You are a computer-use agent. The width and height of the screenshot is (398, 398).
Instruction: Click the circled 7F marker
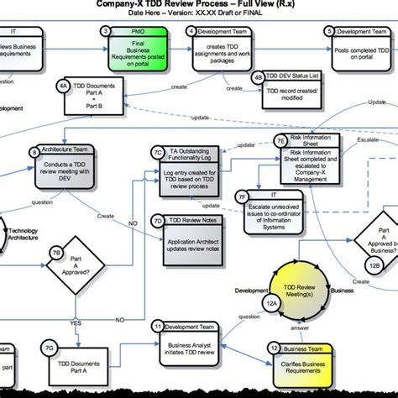coord(244,198)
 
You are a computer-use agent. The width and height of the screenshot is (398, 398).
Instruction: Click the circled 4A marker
coord(63,86)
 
